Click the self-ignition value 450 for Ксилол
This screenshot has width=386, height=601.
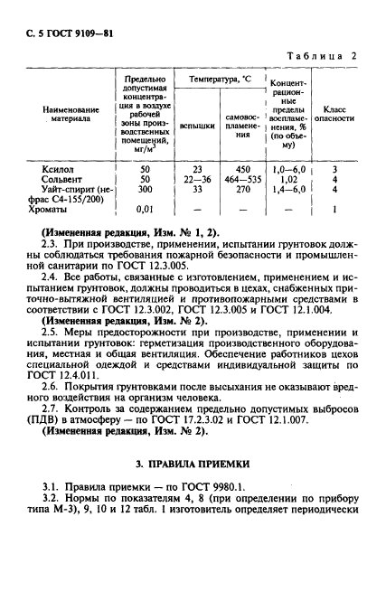pos(242,168)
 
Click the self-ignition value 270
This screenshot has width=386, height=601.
pos(242,190)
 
